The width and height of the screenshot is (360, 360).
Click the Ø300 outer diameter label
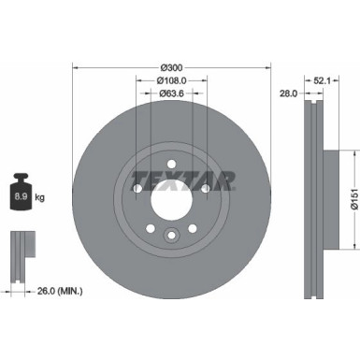[x=171, y=67]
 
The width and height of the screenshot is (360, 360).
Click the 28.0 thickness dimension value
[x=288, y=94]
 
